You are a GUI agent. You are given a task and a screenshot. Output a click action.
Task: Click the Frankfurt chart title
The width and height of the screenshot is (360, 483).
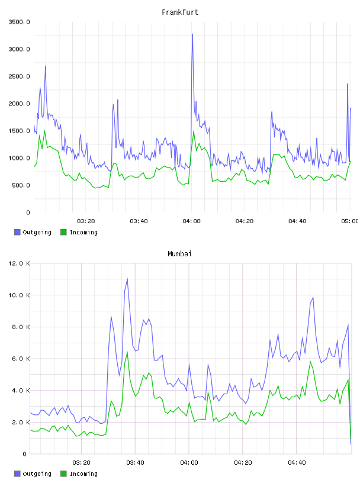click(180, 12)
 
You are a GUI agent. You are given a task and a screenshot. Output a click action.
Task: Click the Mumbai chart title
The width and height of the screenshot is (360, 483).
click(179, 253)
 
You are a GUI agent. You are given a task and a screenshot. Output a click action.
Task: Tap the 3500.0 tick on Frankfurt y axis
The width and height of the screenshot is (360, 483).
click(19, 22)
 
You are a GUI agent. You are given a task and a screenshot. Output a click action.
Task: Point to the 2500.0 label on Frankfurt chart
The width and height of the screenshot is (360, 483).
click(19, 76)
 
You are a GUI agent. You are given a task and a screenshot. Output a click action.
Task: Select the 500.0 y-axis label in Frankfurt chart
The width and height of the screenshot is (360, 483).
click(21, 185)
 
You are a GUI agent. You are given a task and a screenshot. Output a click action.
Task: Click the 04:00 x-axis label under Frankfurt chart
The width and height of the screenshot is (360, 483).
click(191, 221)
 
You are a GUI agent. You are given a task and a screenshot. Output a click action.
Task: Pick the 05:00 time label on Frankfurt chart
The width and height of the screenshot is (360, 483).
click(349, 221)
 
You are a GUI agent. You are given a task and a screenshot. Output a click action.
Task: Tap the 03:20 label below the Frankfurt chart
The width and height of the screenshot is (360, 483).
click(86, 221)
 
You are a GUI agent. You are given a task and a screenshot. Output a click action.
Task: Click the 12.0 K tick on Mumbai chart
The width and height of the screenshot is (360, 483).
click(19, 263)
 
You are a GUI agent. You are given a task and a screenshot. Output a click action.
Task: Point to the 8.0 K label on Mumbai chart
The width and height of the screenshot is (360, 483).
click(21, 327)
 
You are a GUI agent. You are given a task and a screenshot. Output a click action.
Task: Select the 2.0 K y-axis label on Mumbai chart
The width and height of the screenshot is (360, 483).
click(21, 422)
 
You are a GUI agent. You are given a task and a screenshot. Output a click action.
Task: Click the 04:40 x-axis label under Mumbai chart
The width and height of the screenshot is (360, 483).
click(297, 462)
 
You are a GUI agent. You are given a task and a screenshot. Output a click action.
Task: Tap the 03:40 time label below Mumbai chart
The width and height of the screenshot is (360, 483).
click(136, 462)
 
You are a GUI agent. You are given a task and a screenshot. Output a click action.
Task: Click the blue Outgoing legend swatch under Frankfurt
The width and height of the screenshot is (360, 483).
click(17, 232)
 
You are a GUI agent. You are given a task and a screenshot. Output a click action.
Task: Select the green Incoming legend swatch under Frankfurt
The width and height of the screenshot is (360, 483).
click(63, 232)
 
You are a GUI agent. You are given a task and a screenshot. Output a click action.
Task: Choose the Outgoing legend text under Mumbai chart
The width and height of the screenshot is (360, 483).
click(37, 474)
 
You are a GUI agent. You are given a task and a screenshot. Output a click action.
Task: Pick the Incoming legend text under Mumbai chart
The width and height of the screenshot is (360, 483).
click(83, 474)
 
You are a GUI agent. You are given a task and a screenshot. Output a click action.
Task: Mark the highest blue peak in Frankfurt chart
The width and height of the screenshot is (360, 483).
click(192, 34)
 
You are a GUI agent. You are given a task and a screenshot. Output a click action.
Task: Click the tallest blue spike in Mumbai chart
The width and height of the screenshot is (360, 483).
click(127, 278)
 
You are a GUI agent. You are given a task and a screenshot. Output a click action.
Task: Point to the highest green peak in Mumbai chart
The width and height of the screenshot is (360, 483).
click(127, 352)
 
